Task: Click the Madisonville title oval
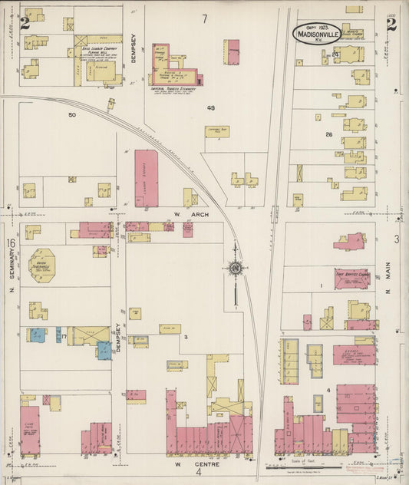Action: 316,33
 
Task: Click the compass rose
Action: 234,268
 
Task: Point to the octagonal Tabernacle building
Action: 41,266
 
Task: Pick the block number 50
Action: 72,115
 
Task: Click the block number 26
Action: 328,134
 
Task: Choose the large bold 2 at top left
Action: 25,23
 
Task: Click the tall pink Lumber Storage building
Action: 146,177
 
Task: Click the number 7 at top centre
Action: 205,18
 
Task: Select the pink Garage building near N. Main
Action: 353,355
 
